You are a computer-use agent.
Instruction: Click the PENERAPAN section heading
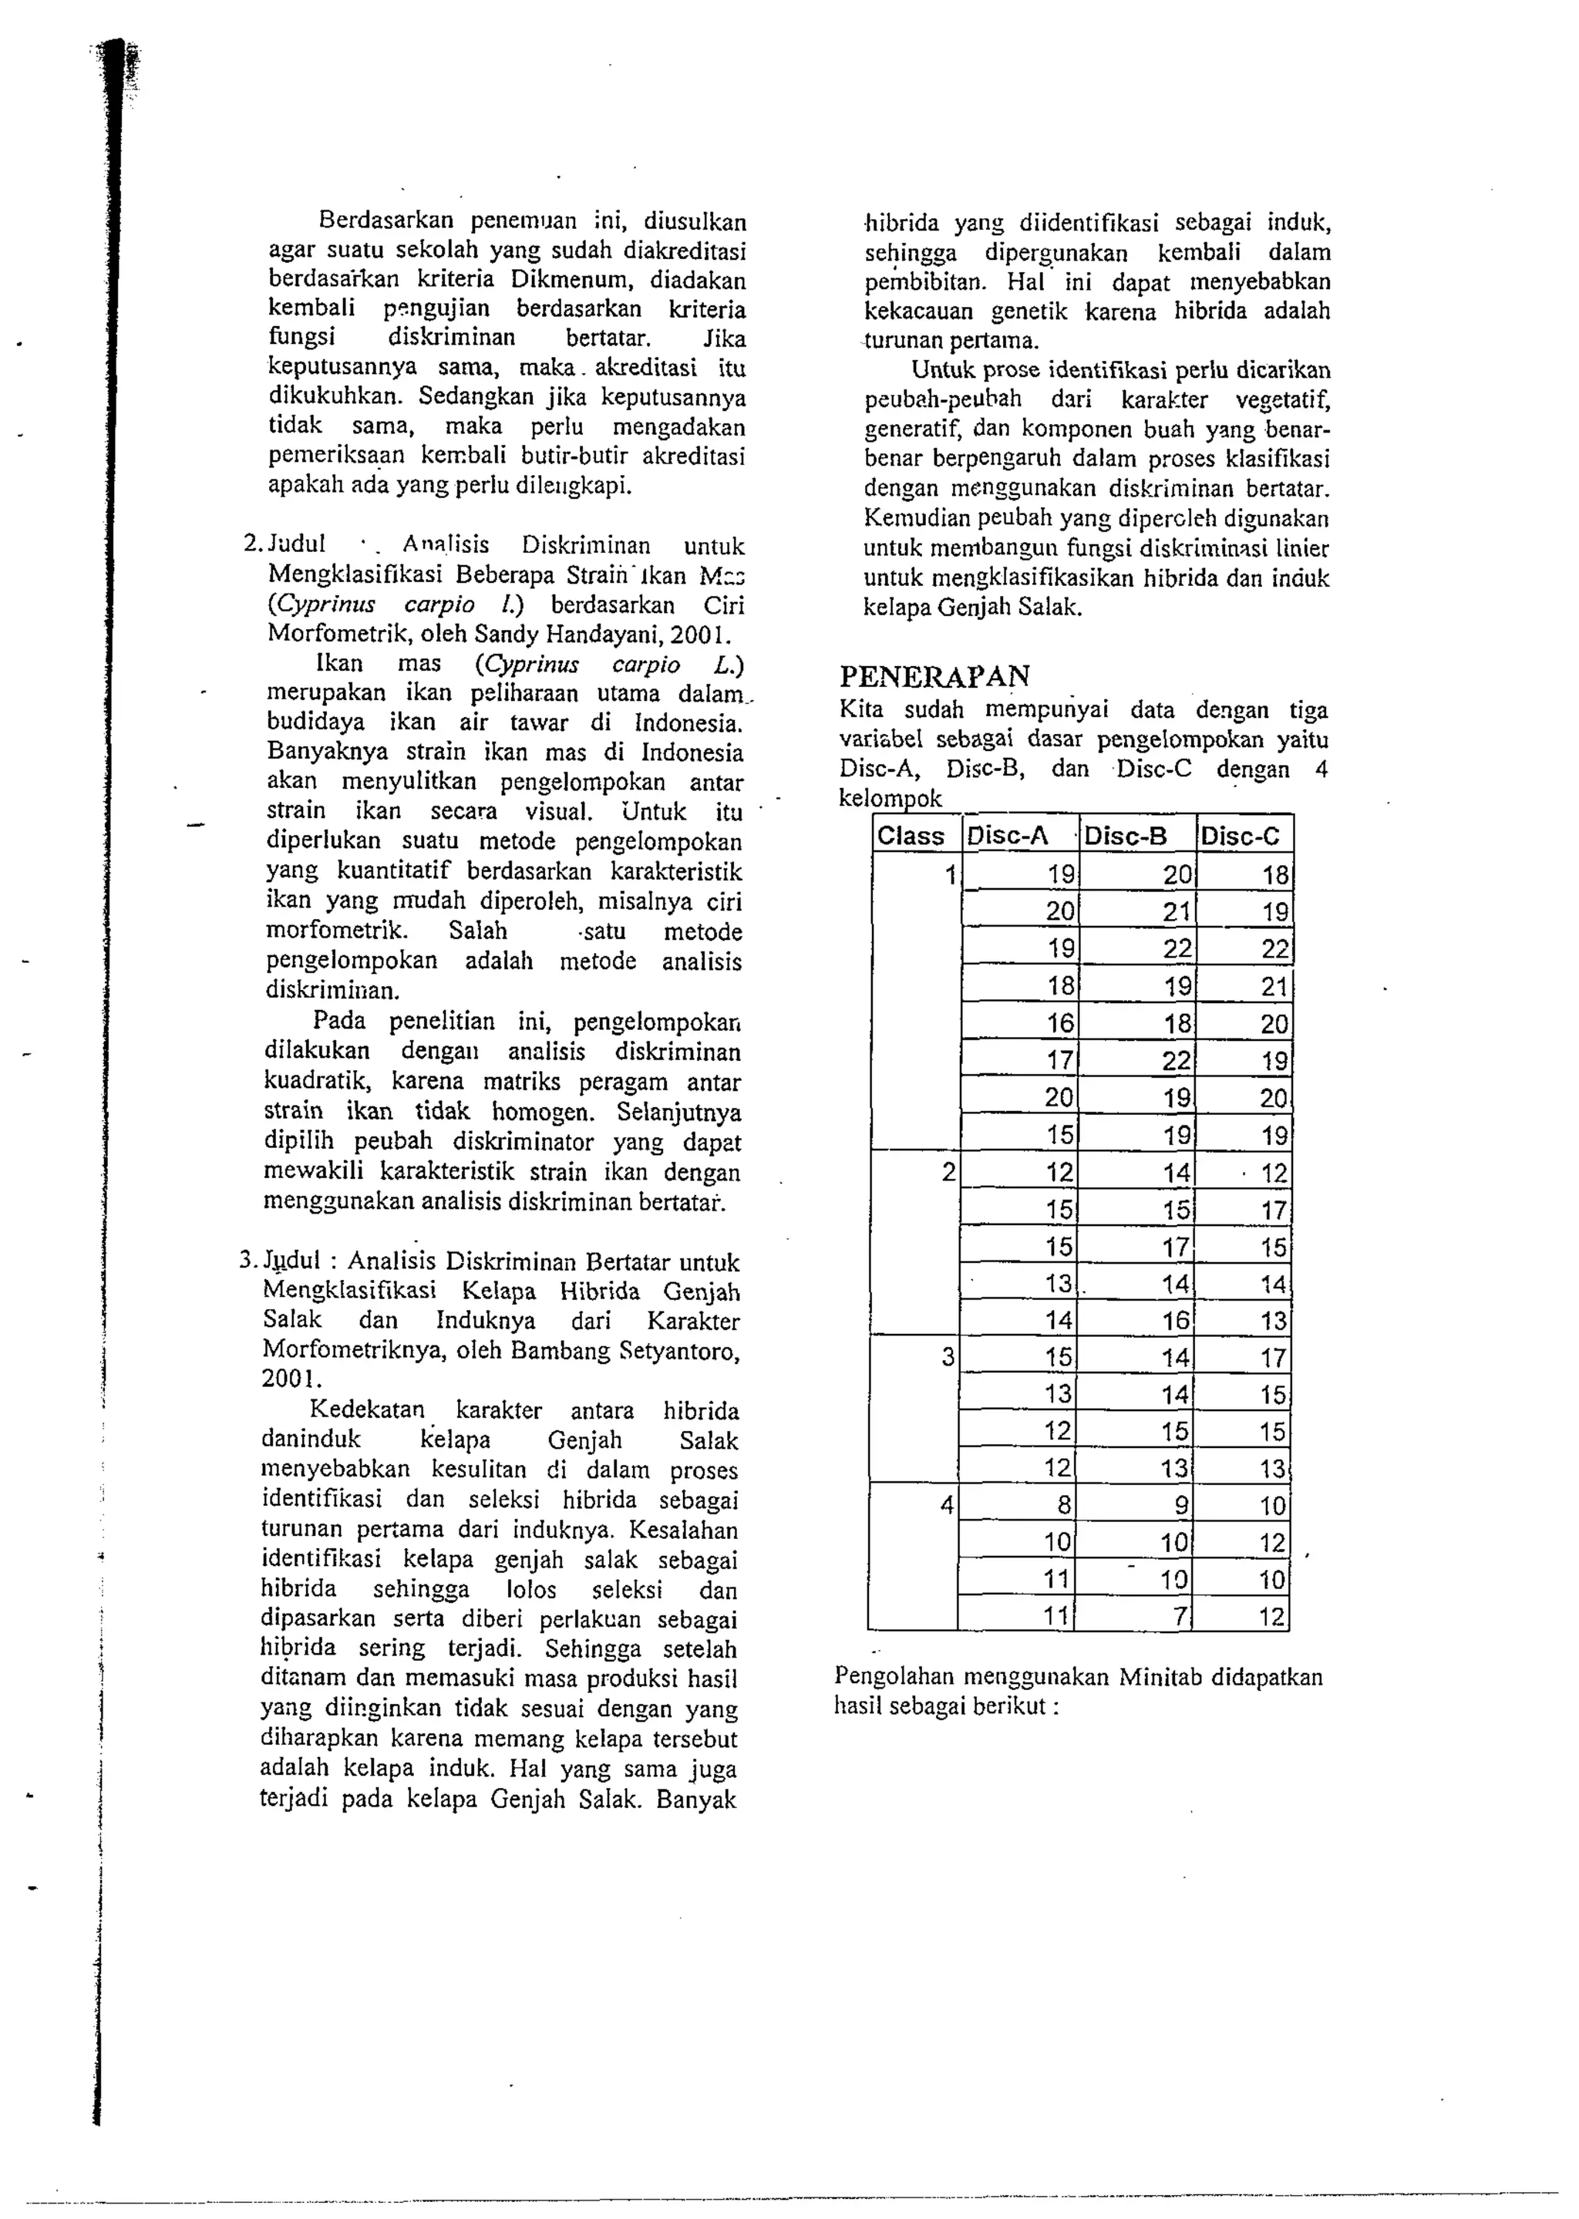[934, 676]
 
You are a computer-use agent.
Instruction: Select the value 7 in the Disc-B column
[1180, 1616]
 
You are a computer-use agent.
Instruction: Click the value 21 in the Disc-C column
[1274, 986]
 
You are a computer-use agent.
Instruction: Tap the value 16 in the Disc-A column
[1060, 1023]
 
